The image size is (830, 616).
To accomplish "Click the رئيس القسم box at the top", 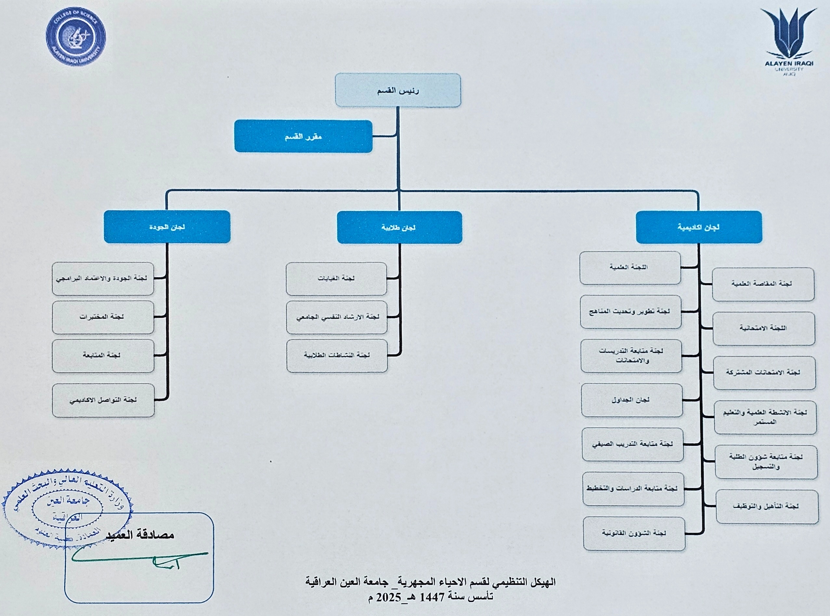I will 398,90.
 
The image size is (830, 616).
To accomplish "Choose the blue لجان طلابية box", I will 399,228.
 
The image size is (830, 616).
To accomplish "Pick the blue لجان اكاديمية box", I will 698,227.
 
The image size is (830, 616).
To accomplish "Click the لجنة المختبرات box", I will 103,317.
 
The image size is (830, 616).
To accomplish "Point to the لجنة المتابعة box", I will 103,356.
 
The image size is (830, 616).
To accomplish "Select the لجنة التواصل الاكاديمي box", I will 103,400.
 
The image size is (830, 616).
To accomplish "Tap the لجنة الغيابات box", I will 336,279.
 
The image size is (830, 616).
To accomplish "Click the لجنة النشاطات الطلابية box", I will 337,356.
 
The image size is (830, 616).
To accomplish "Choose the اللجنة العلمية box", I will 630,267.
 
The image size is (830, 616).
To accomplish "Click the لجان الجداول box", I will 632,400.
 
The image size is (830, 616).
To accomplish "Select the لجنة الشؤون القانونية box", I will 634,533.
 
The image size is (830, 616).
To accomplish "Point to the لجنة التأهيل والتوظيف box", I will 767,507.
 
